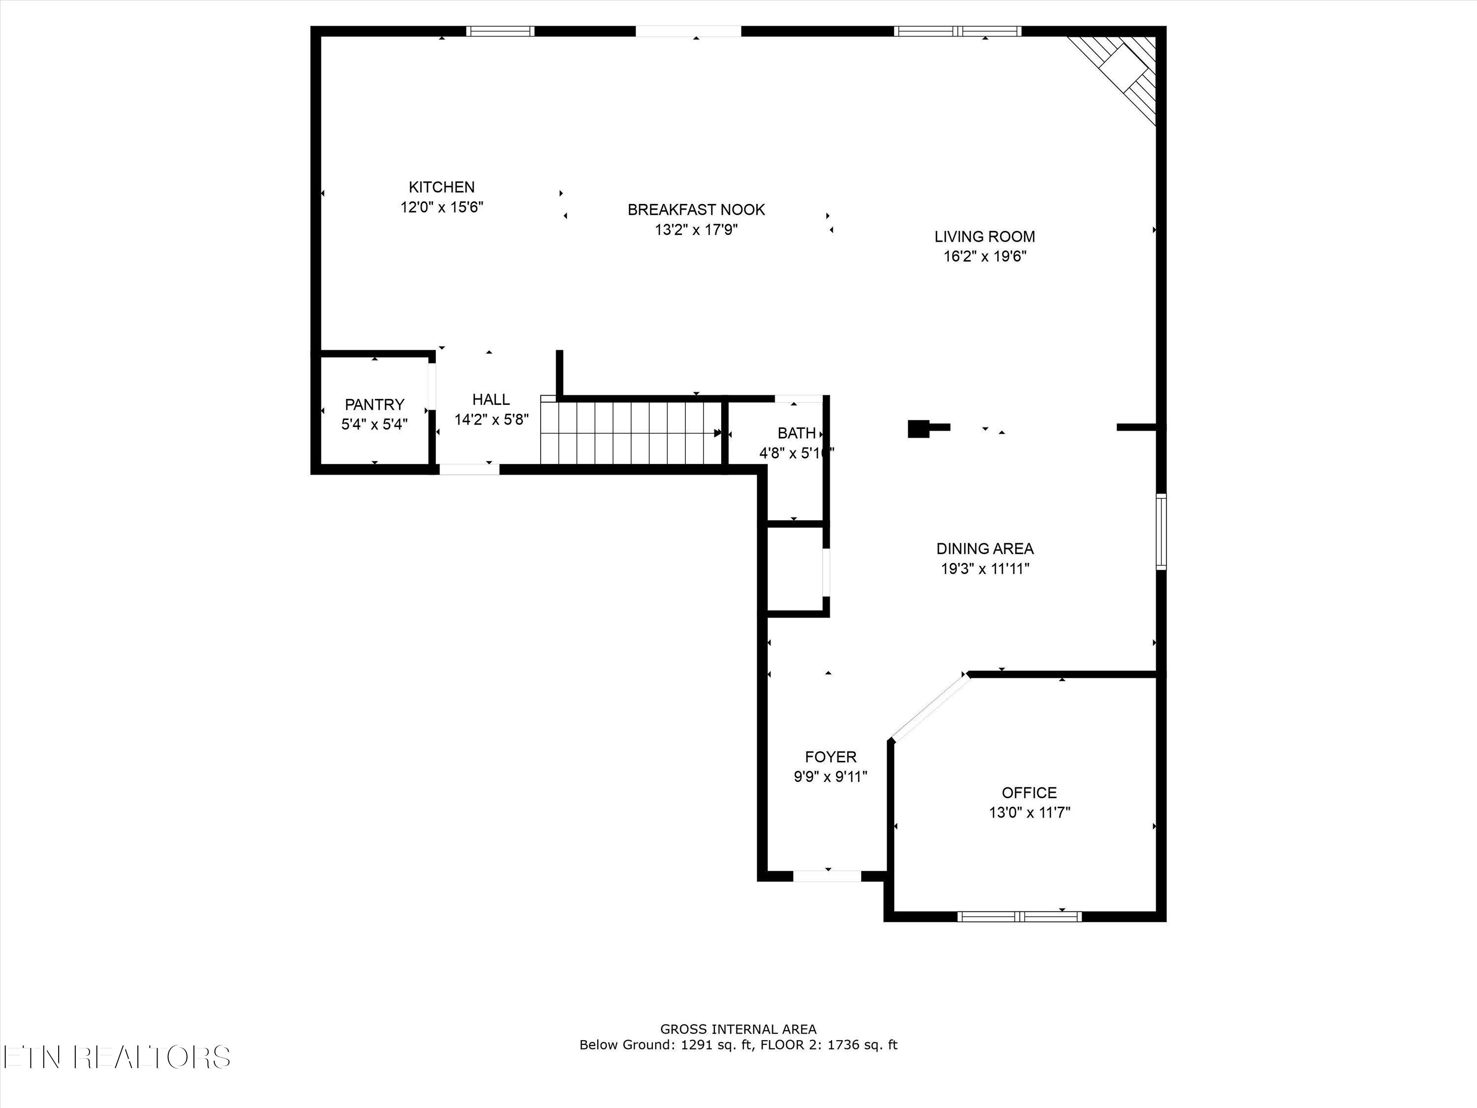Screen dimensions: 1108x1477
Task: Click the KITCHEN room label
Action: point(441,187)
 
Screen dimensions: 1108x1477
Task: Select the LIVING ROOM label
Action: point(984,236)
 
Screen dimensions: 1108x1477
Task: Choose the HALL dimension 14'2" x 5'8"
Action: point(491,420)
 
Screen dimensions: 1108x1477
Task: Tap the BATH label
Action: point(796,433)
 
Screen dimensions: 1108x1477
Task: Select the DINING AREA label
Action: point(984,548)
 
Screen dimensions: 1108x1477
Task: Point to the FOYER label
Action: point(830,757)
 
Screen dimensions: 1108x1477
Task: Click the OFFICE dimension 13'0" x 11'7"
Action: point(1029,812)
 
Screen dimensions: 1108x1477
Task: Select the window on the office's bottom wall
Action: point(1020,916)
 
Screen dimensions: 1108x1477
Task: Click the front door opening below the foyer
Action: point(827,876)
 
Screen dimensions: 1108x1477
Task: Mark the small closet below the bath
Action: point(795,569)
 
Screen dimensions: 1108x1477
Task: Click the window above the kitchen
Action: point(500,31)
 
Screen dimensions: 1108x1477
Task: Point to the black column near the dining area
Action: point(918,428)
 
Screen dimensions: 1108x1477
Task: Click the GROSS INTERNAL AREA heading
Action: point(738,1029)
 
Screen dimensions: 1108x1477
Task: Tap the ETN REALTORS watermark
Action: point(117,1057)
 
